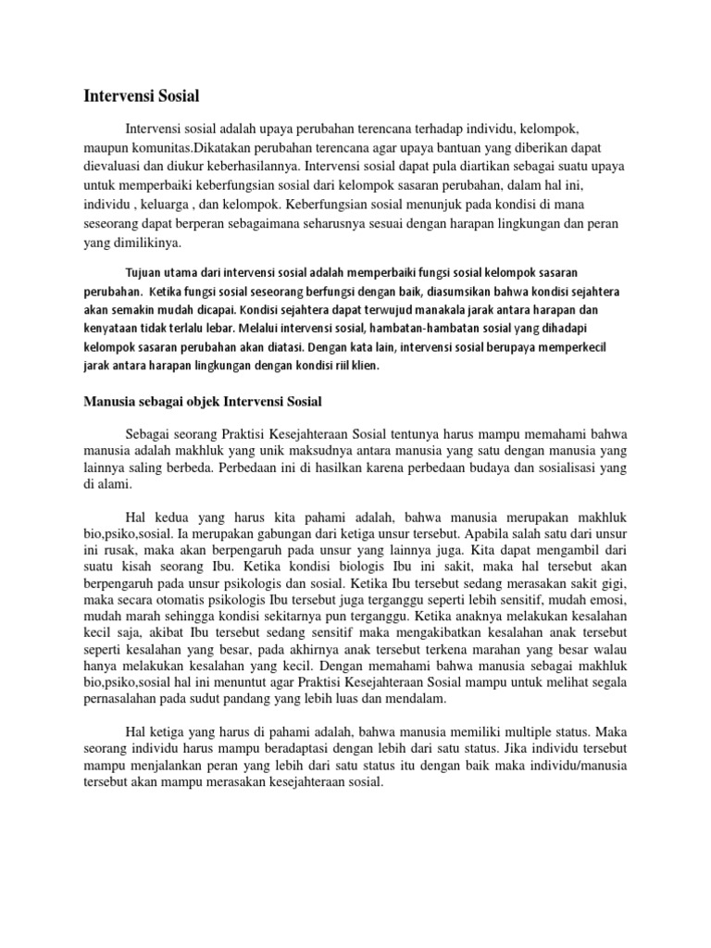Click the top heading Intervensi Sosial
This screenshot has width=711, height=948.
(142, 94)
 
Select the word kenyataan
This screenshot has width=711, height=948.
(114, 327)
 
